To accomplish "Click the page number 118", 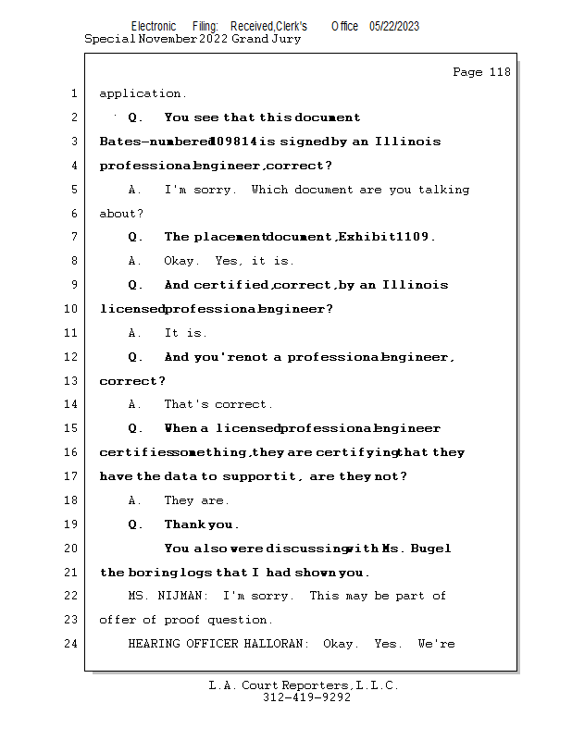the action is [x=500, y=72].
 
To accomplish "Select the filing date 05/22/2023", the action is [x=394, y=27].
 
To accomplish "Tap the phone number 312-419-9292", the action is [x=307, y=697].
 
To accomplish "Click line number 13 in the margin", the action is [x=70, y=380].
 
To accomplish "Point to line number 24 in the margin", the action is [x=70, y=643].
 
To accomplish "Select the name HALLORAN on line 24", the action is [x=274, y=644].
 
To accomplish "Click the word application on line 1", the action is [x=140, y=93].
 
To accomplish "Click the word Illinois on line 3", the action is [x=407, y=142].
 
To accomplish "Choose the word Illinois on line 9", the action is [x=416, y=285].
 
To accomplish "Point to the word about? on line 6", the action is [x=121, y=214].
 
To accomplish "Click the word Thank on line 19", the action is [x=185, y=524].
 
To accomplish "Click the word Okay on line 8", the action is [x=179, y=261].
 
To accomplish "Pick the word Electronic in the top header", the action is [x=154, y=27].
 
